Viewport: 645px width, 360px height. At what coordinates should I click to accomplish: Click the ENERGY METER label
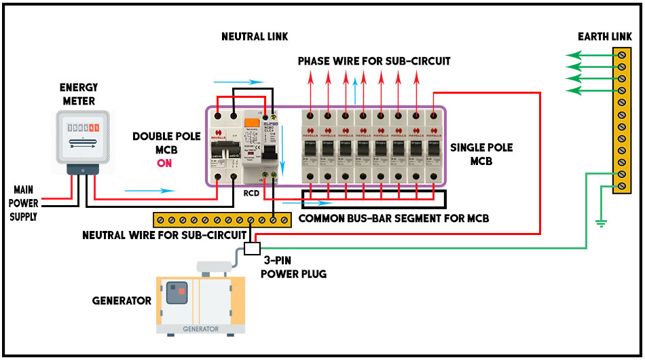point(79,94)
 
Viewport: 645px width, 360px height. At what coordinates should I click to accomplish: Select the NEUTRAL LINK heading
point(255,36)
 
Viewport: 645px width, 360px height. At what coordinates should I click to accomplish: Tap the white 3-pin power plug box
point(252,248)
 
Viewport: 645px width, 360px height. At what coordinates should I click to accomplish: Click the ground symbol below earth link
point(600,222)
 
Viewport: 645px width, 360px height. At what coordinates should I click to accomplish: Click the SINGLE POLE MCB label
point(481,154)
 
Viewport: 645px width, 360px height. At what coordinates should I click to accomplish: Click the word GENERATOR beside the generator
point(122,300)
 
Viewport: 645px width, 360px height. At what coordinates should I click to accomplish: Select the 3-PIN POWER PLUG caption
point(294,268)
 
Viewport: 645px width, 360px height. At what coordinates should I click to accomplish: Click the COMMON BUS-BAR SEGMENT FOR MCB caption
point(394,219)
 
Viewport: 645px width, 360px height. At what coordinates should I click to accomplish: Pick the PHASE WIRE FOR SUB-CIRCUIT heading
point(374,61)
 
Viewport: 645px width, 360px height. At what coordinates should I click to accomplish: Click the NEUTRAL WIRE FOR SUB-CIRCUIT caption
point(164,236)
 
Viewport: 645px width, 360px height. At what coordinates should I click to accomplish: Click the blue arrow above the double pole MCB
point(248,82)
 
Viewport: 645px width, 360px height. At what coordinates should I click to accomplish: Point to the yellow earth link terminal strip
point(622,120)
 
